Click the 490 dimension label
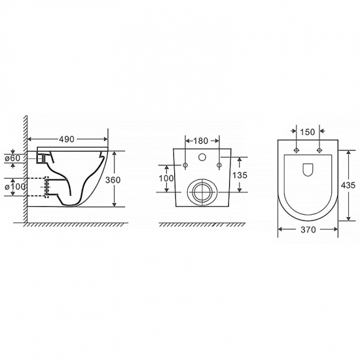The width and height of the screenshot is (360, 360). point(67,139)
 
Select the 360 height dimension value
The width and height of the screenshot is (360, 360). point(113,180)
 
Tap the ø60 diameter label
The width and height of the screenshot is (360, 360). point(12,158)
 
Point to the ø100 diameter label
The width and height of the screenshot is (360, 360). point(14,187)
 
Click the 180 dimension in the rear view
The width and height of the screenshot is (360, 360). point(200,141)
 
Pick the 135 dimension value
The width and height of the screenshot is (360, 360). point(240,175)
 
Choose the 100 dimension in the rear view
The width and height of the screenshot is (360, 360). point(166,178)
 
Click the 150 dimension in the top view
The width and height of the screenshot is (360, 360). point(308,132)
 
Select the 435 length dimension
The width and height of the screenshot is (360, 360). point(348,185)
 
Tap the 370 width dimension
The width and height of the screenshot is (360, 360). point(308,229)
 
